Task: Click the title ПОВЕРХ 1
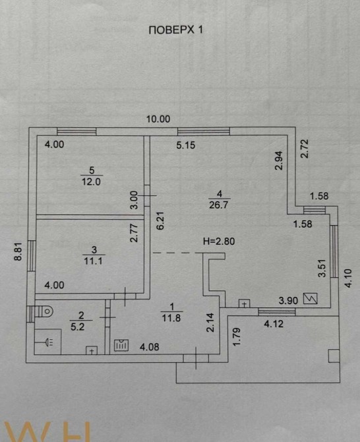coord(175,30)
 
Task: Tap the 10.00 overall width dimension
coord(158,119)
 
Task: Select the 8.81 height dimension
coord(18,252)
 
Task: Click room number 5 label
coord(92,170)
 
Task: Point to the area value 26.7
coord(219,205)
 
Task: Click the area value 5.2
coord(77,327)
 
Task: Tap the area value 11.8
coord(171,318)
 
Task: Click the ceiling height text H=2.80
coord(219,241)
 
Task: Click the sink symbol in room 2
coord(47,342)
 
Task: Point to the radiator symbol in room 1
coord(121,345)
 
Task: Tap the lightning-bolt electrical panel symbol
coord(311,298)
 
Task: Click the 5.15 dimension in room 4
coord(186,145)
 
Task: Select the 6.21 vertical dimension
coord(160,221)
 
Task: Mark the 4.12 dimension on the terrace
coord(274,324)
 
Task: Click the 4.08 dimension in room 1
coord(149,347)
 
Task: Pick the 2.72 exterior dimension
coord(305,148)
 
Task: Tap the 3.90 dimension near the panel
coord(288,300)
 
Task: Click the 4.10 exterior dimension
coord(348,278)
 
